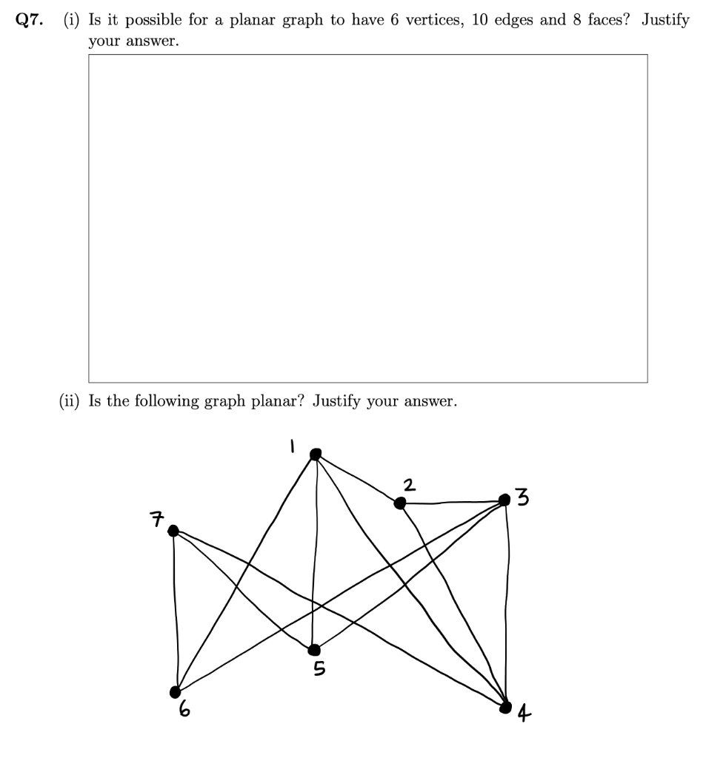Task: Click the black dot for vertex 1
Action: coord(316,454)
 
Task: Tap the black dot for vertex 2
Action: coord(400,503)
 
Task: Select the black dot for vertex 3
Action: coord(505,500)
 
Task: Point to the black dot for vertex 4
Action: coord(506,708)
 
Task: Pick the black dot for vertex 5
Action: coord(314,650)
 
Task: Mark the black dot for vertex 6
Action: coord(176,691)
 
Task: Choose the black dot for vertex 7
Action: coord(173,530)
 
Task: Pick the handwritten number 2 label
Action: coord(409,485)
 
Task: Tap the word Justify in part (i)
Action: coord(665,20)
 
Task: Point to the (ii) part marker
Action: coord(71,401)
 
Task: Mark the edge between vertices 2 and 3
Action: coord(452,503)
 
